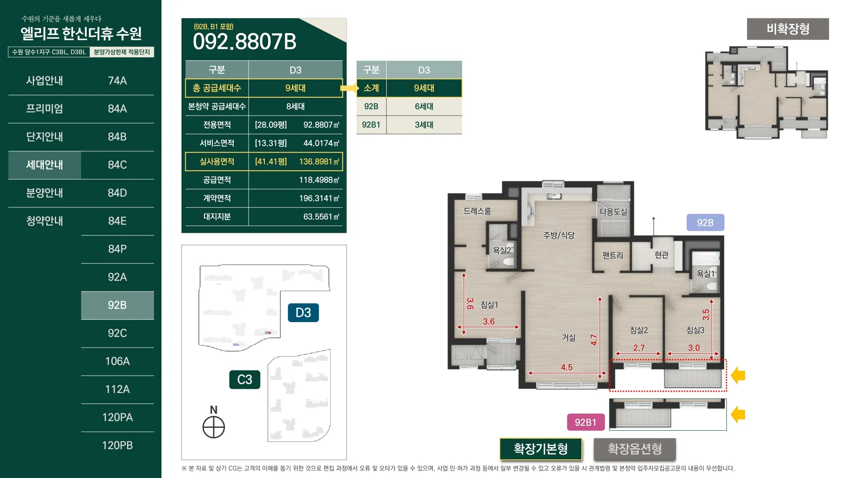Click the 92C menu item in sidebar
tap(117, 333)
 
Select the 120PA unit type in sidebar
tap(117, 417)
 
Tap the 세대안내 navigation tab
tap(45, 165)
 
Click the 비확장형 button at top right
tap(788, 29)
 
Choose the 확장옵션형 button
tap(635, 449)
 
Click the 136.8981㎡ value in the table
tap(319, 161)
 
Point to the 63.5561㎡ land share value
tap(321, 217)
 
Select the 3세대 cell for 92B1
tap(424, 125)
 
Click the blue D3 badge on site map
tap(303, 313)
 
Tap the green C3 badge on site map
tap(244, 379)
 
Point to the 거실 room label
tap(569, 338)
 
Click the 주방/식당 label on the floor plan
tap(558, 235)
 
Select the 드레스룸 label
tap(477, 211)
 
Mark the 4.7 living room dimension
tap(594, 340)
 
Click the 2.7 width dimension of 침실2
tap(639, 348)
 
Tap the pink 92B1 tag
tap(585, 422)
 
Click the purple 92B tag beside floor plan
tap(705, 223)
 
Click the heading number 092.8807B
tap(245, 42)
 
